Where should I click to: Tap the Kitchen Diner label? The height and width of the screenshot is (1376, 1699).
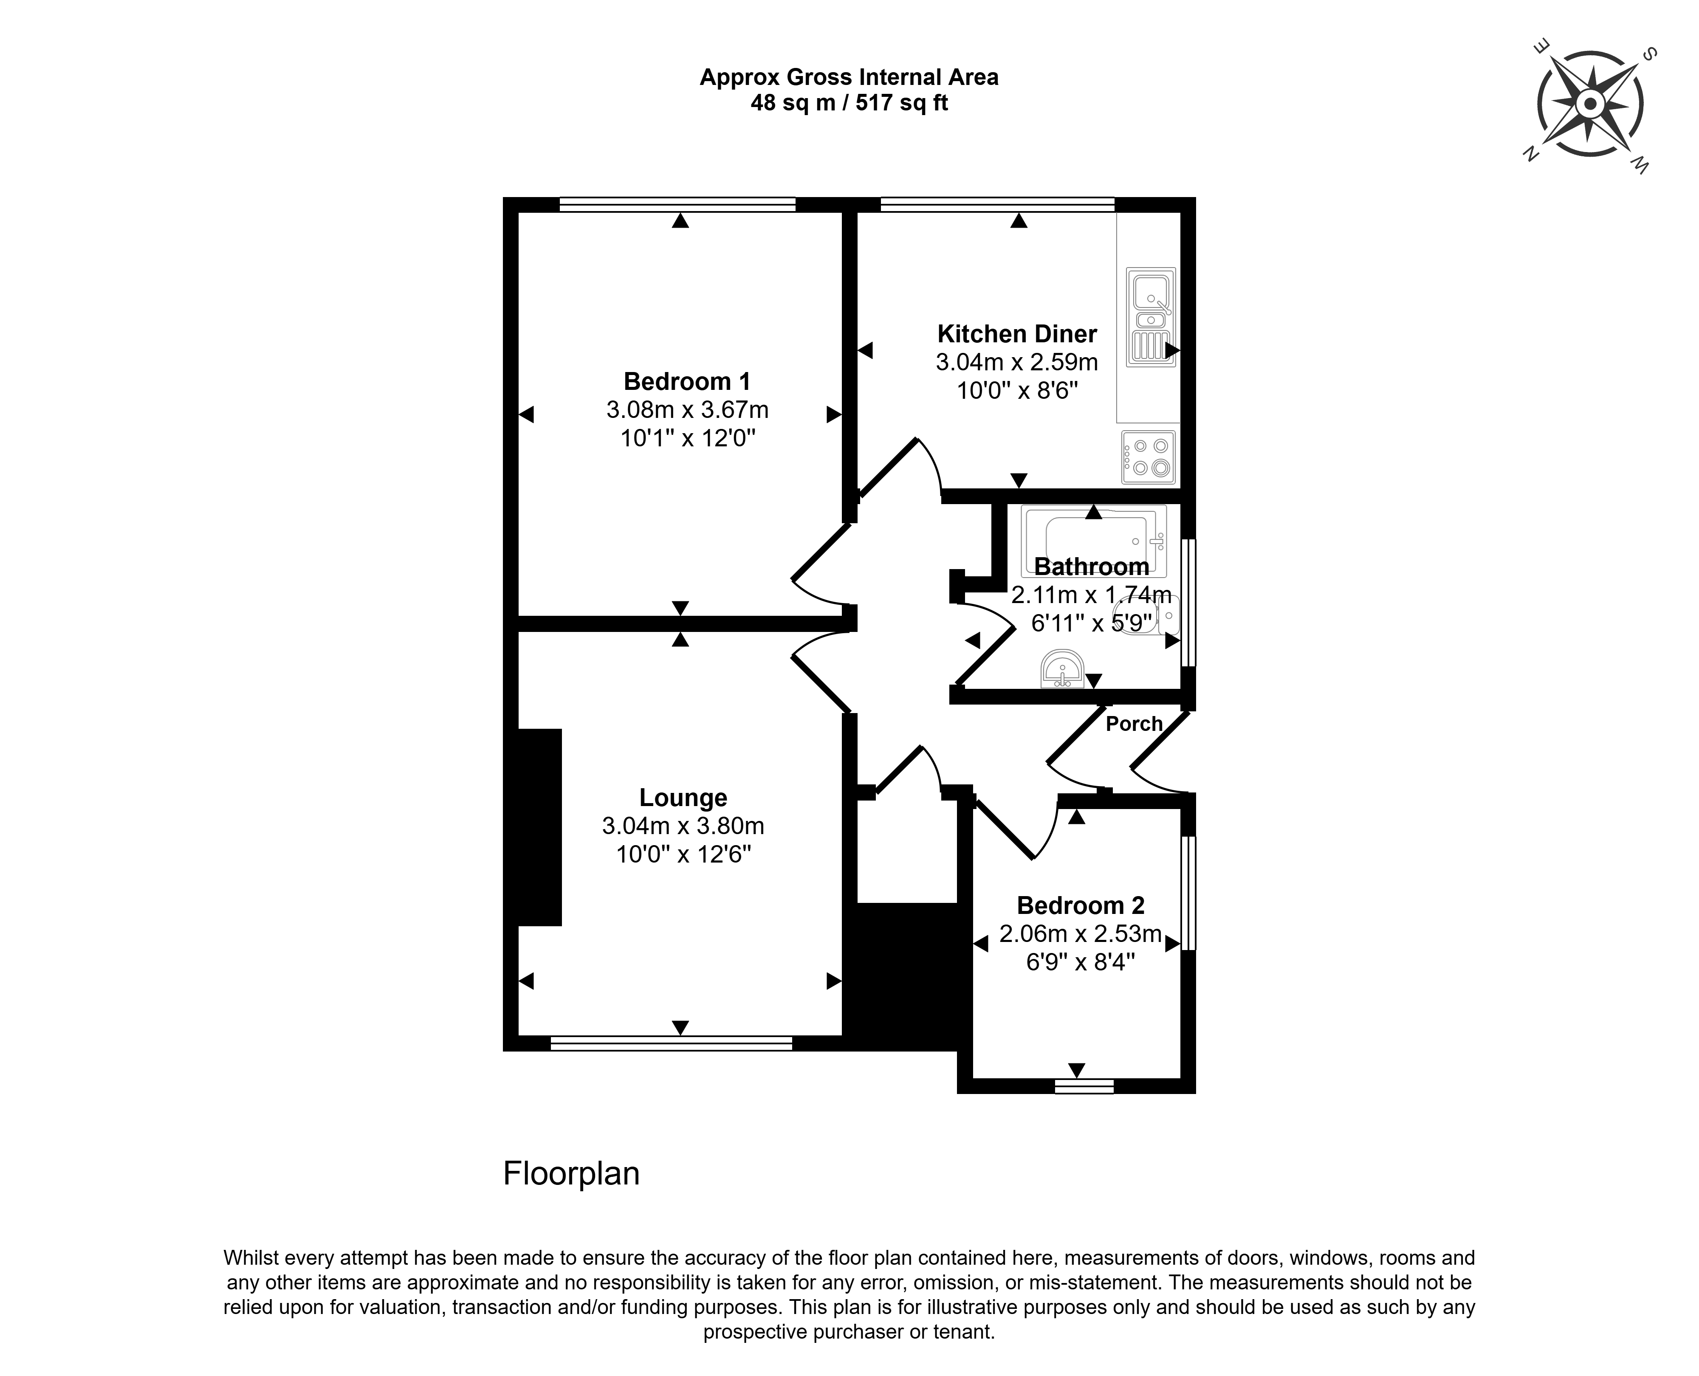pos(1017,334)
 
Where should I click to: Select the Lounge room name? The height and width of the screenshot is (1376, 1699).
pos(683,798)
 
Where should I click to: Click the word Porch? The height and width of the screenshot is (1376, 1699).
pos(1134,724)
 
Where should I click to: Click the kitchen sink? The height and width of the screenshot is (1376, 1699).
pos(1150,317)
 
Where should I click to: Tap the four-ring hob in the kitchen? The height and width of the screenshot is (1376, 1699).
pos(1148,457)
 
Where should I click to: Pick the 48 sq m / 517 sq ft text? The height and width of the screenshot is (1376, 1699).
pos(849,103)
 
